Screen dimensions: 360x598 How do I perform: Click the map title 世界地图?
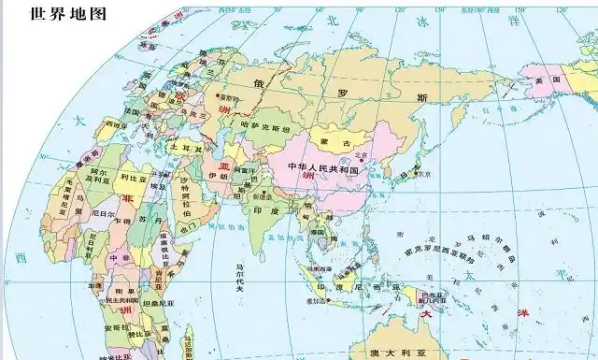pyautogui.click(x=68, y=14)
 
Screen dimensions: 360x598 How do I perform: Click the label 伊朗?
pyautogui.click(x=218, y=175)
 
